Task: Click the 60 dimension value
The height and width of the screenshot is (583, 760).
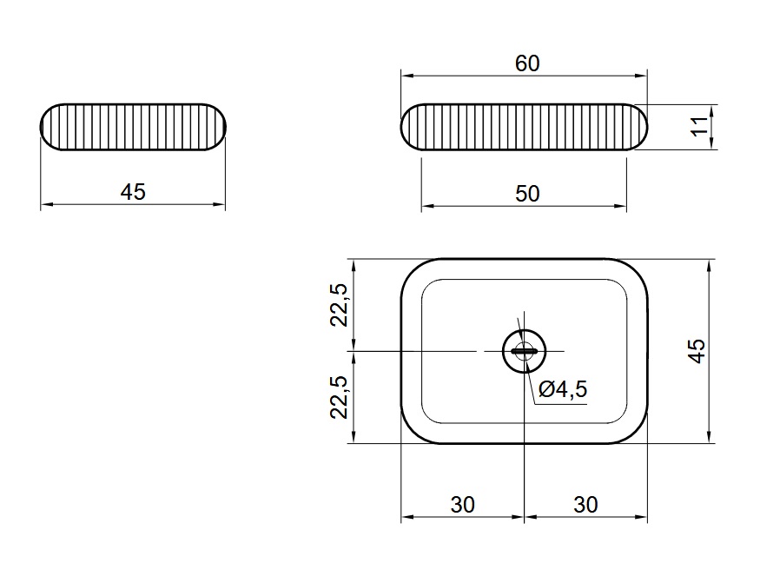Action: click(527, 63)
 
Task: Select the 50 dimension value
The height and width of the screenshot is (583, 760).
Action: click(527, 194)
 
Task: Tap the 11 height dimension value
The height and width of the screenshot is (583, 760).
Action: click(698, 127)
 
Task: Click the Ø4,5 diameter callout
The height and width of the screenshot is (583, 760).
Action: click(563, 389)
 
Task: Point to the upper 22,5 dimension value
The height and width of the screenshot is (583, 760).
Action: click(340, 305)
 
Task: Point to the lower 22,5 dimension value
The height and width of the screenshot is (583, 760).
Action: click(340, 397)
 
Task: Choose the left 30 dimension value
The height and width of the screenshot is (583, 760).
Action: click(462, 505)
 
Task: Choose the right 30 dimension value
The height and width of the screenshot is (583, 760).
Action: click(585, 505)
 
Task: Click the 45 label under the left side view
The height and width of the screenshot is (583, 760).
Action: click(133, 192)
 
